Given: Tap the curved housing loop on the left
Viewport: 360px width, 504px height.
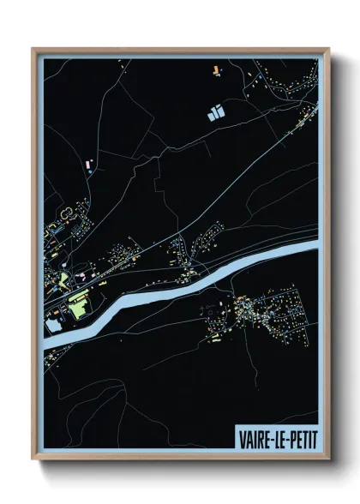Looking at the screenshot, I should click(x=65, y=212).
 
